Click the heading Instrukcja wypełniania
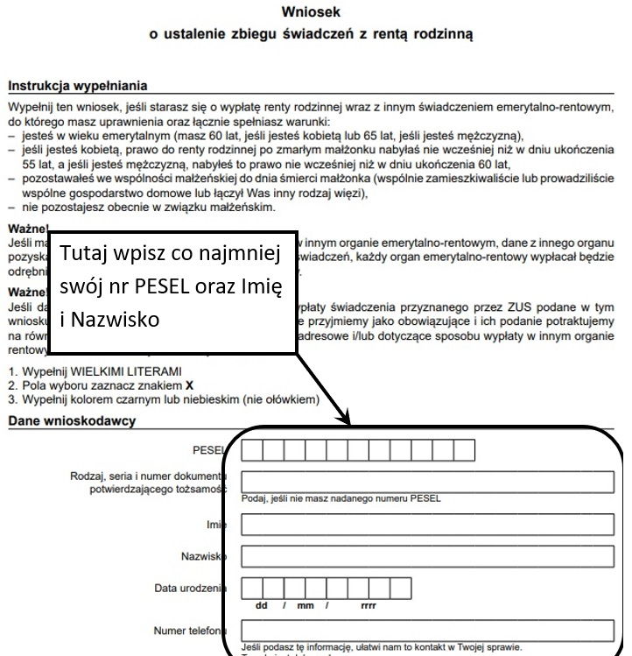pyautogui.click(x=77, y=86)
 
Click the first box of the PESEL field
pyautogui.click(x=251, y=450)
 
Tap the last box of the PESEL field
pyautogui.click(x=464, y=450)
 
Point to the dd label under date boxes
pyautogui.click(x=261, y=604)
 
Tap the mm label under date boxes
pyautogui.click(x=305, y=604)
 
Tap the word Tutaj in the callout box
pyautogui.click(x=88, y=255)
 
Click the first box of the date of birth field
pyautogui.click(x=251, y=587)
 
